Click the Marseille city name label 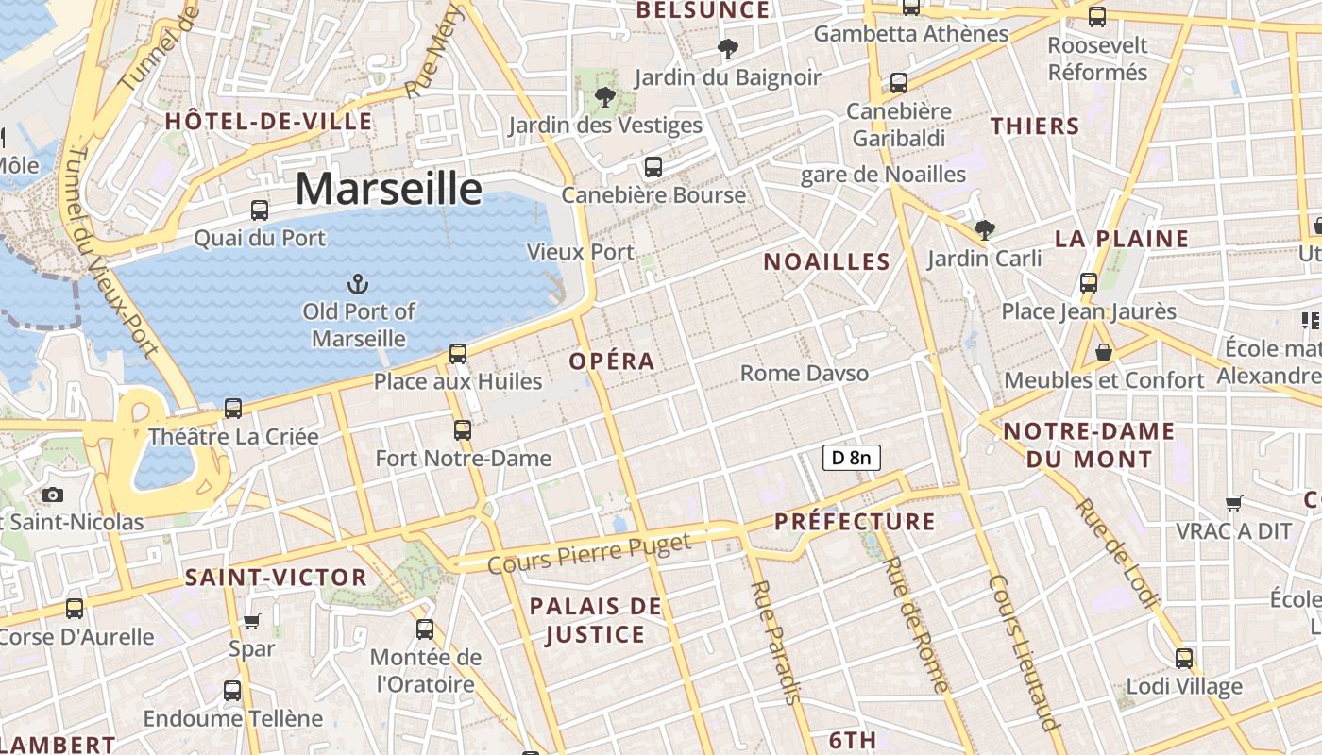click(x=388, y=189)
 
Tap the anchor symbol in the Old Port click(x=358, y=283)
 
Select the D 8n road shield click(x=852, y=459)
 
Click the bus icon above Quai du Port click(x=259, y=210)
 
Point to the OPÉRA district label click(x=612, y=361)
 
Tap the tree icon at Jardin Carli click(x=984, y=228)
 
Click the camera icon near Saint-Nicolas click(x=53, y=495)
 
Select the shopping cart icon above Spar click(x=251, y=621)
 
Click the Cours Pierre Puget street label click(x=590, y=553)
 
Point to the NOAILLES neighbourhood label click(x=826, y=262)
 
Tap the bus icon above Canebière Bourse click(x=653, y=167)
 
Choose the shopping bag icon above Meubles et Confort click(x=1103, y=353)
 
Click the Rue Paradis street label click(x=775, y=642)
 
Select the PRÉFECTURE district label click(x=855, y=522)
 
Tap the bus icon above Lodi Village click(x=1183, y=658)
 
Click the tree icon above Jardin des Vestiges click(x=604, y=96)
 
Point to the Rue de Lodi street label click(x=1115, y=553)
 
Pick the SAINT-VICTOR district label click(x=276, y=578)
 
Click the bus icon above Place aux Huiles click(x=457, y=354)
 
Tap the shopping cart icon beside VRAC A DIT click(x=1233, y=504)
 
